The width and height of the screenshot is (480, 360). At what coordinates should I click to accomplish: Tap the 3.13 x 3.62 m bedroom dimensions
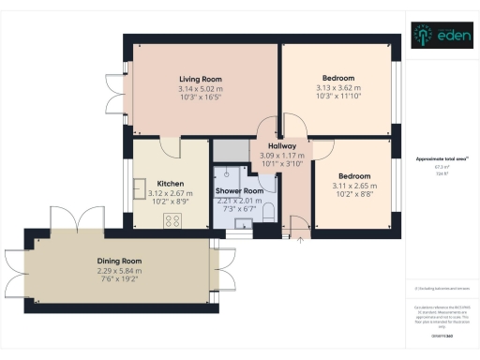pyautogui.click(x=338, y=87)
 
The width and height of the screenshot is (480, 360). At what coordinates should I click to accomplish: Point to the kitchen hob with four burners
pyautogui.click(x=172, y=220)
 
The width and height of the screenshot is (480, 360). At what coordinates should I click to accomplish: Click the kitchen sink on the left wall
pyautogui.click(x=139, y=186)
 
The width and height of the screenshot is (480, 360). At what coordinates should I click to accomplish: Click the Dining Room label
pyautogui.click(x=119, y=262)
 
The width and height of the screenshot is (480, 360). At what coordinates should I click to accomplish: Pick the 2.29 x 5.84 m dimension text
pyautogui.click(x=119, y=271)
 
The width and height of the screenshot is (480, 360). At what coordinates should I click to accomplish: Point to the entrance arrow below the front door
pyautogui.click(x=299, y=239)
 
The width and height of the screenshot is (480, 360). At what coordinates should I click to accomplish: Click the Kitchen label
pyautogui.click(x=170, y=184)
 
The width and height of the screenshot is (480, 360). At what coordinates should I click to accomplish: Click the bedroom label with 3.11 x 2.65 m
pyautogui.click(x=354, y=176)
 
